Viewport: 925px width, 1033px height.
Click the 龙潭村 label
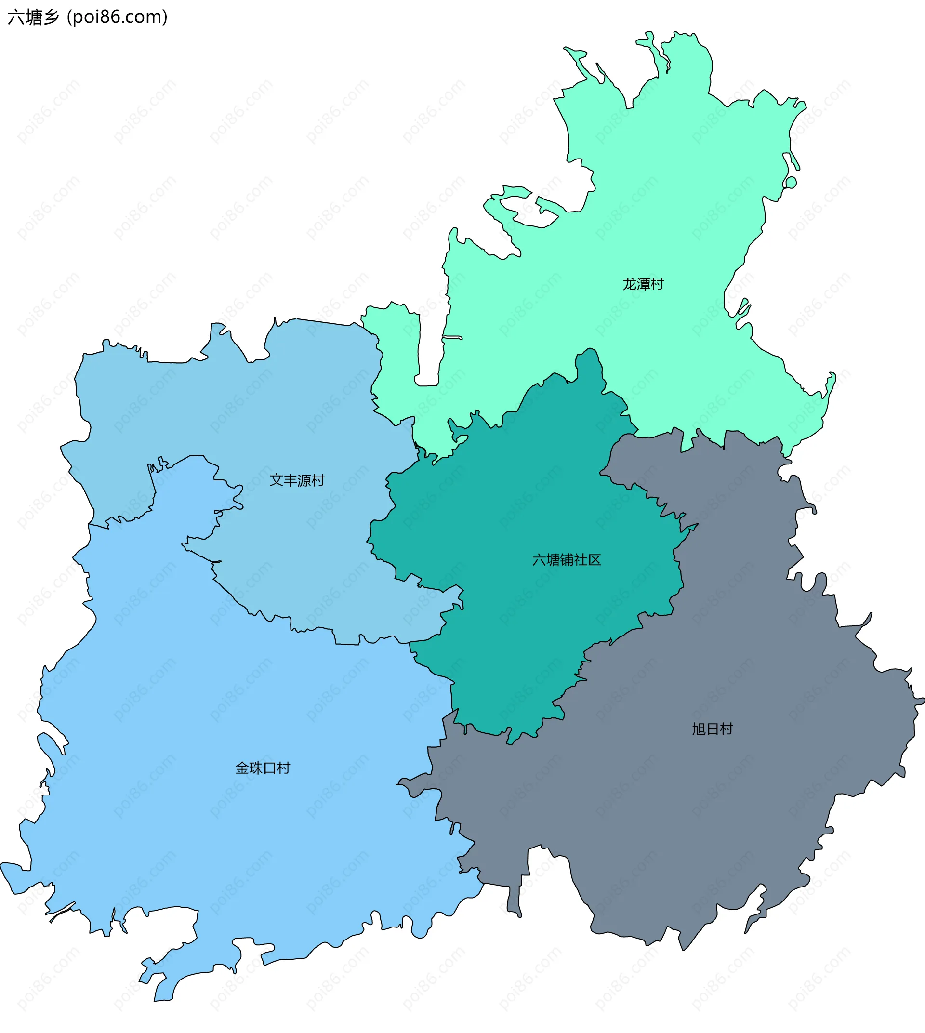pos(643,284)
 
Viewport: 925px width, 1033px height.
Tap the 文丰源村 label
pos(297,480)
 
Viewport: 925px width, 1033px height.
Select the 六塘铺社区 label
pos(566,560)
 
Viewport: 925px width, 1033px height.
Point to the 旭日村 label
pos(712,729)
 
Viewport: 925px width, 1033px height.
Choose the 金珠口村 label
pos(262,768)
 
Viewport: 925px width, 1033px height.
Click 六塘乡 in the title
pos(33,17)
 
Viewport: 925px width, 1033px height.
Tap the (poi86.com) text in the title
pos(118,17)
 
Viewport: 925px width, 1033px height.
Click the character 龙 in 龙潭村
pos(630,284)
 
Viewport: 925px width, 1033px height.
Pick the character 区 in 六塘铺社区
pos(594,560)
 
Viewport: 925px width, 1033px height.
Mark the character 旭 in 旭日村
pos(699,729)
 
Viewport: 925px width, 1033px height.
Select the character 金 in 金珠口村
pos(242,768)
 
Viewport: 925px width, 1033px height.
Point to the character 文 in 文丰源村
pos(277,480)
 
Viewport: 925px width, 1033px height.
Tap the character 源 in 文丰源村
pos(304,480)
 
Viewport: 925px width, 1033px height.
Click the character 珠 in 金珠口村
pos(256,768)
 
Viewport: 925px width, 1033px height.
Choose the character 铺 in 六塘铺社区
pos(566,560)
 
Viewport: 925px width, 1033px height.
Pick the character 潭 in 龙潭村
pos(644,284)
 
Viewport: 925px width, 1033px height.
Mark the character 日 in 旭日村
pos(713,729)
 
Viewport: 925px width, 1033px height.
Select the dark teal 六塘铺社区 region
pos(534,508)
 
